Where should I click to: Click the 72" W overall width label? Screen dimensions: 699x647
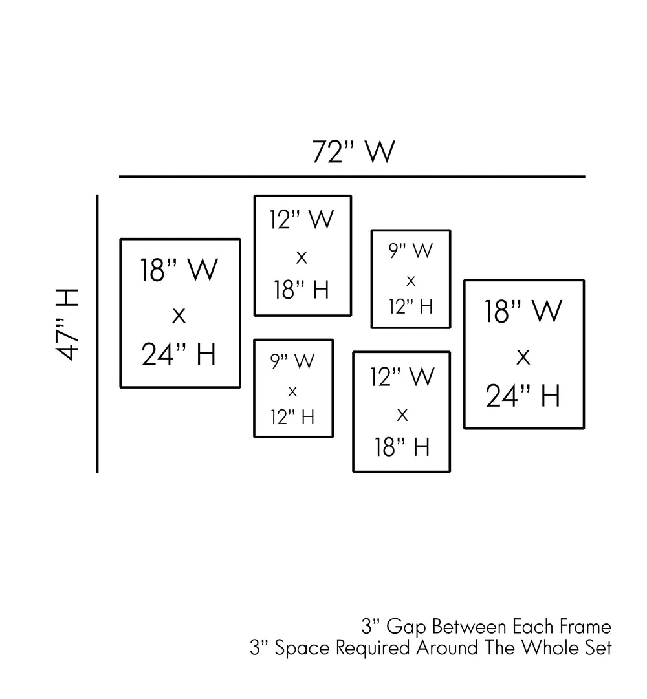point(353,153)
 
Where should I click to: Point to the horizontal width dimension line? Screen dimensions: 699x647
point(352,176)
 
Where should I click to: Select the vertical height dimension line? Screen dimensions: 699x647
point(97,334)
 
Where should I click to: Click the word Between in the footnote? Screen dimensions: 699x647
point(469,627)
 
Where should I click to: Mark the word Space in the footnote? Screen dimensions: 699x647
point(298,648)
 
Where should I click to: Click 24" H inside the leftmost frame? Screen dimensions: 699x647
point(179,354)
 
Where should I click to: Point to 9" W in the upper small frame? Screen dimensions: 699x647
point(410,251)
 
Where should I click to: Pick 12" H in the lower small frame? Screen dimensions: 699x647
point(292,417)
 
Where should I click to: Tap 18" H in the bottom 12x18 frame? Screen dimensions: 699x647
point(402,446)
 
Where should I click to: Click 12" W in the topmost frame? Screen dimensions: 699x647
point(302,220)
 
